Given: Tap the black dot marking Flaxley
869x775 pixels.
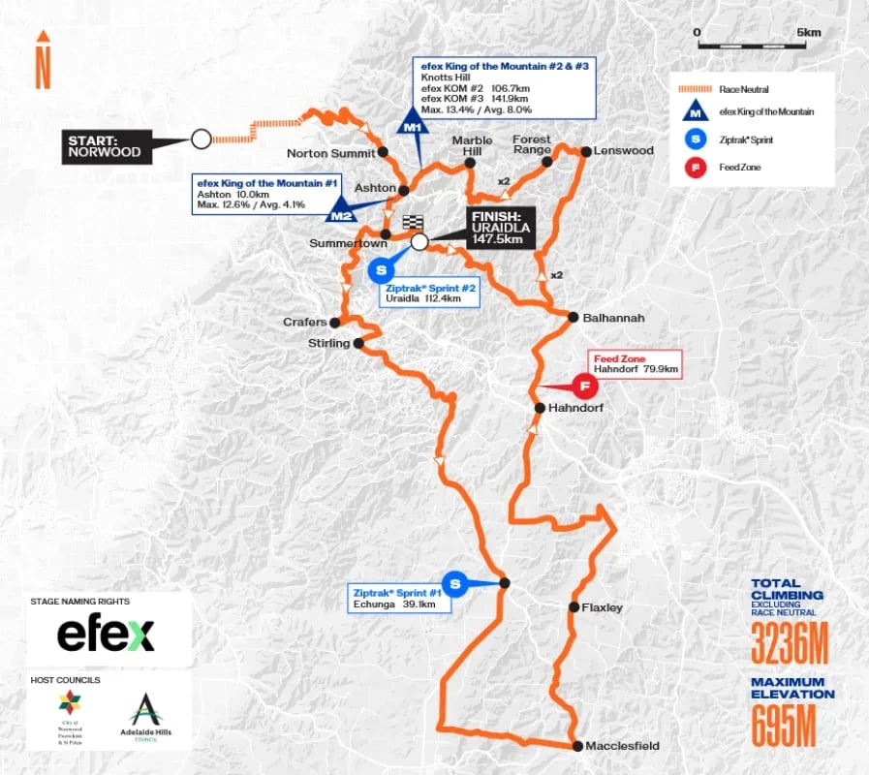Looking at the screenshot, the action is pos(572,607).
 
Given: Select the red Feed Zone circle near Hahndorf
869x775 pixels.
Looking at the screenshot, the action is pos(584,387).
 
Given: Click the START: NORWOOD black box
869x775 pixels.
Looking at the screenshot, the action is pos(104,146).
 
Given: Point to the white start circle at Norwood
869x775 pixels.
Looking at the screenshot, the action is pos(201,139).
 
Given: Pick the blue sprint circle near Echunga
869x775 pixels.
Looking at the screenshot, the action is pos(457,583).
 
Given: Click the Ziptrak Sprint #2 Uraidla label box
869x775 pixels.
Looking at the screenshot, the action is pos(430,294).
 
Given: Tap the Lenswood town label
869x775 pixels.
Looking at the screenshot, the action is pos(624,151).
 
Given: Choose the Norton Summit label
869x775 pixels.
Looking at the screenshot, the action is pos(330,153).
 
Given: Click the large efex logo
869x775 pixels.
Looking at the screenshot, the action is pos(105,635).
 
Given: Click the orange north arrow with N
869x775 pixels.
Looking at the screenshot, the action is pos(43,60).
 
